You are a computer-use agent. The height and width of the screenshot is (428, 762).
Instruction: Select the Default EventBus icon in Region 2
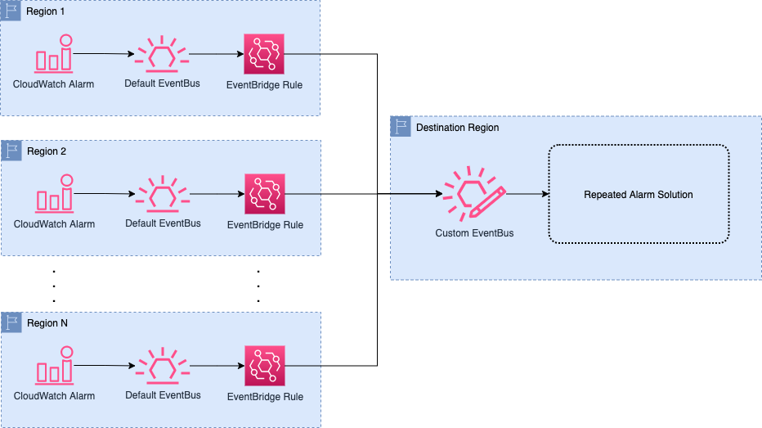coord(162,194)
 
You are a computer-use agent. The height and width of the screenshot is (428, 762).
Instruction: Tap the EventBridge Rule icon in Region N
coord(265,366)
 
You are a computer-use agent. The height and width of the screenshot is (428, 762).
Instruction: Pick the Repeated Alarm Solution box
coord(638,194)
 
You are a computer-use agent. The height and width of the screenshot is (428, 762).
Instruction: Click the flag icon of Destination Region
coord(401,127)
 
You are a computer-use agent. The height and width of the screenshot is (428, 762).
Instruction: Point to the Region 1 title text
coord(47,12)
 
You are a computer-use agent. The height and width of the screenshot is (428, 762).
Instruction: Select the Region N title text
coord(47,323)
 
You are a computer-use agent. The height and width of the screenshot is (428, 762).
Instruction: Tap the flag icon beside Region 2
coord(11,151)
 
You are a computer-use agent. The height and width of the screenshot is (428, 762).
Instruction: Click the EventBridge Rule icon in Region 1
coord(265,54)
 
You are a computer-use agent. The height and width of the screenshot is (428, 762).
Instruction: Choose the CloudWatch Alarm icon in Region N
coord(54,366)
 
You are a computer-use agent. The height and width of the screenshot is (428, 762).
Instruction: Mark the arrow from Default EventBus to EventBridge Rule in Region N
coord(217,366)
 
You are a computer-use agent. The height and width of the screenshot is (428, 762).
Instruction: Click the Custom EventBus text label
coord(474,233)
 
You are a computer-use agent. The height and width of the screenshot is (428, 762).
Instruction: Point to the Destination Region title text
coord(457,128)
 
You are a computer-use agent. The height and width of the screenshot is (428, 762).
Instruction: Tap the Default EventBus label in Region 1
coord(162,83)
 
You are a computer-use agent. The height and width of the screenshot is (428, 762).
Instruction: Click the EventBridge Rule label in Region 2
coord(265,225)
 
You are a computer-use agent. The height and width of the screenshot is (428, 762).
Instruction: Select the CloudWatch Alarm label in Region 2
coord(54,223)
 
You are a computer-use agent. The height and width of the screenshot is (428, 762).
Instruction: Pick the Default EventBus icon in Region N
coord(162,366)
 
